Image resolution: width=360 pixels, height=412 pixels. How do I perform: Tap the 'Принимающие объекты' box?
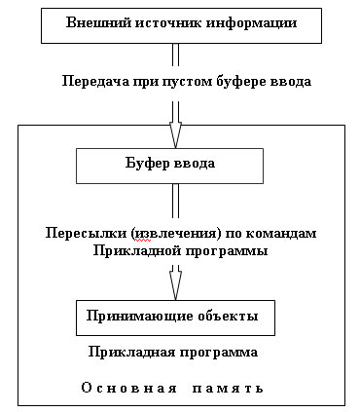(x=174, y=317)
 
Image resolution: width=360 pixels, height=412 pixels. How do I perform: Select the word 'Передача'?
(x=90, y=81)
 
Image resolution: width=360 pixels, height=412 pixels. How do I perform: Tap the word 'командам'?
(x=285, y=234)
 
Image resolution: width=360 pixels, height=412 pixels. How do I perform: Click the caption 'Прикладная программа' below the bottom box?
(x=173, y=351)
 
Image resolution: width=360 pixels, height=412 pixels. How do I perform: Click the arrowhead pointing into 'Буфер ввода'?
(x=175, y=133)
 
